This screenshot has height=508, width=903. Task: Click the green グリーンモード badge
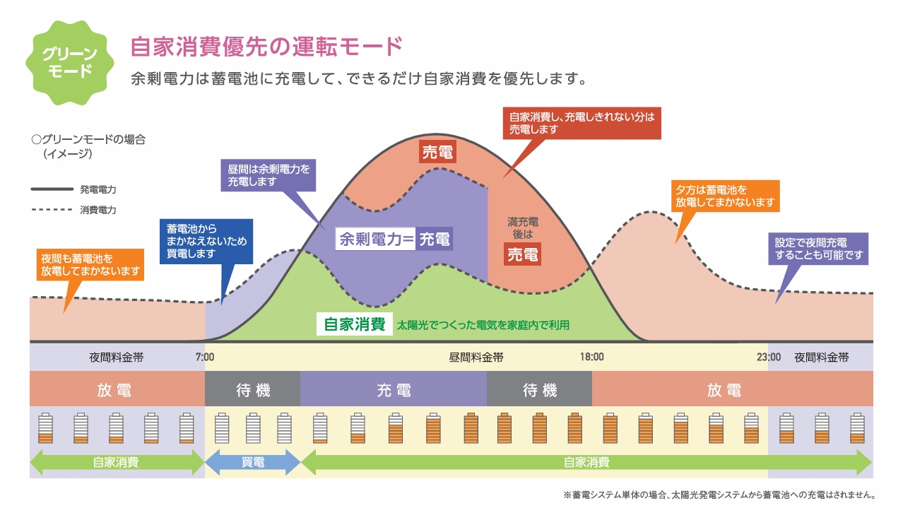tap(70, 62)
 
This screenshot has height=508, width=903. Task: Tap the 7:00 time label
tap(205, 357)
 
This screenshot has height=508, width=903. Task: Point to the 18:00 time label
tap(592, 357)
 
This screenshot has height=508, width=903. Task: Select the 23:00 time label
tap(768, 357)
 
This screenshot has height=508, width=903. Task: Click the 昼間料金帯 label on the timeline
tap(476, 358)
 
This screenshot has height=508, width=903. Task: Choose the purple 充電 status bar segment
tap(394, 389)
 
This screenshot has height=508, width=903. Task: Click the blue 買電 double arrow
tap(253, 462)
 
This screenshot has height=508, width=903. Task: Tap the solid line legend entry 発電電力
tap(73, 189)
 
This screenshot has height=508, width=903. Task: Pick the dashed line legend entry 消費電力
tap(73, 210)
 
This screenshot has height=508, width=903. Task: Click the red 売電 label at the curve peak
tap(437, 152)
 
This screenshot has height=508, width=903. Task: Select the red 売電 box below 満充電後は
tap(522, 254)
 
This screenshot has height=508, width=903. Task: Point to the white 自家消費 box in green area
tap(355, 324)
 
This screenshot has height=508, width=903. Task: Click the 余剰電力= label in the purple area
tap(376, 239)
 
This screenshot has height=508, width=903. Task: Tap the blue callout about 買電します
tap(206, 242)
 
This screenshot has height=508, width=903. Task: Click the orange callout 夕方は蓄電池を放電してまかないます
tap(725, 196)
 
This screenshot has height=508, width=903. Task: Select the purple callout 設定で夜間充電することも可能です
tap(818, 249)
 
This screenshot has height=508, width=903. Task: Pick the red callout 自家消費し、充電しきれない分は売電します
tap(582, 123)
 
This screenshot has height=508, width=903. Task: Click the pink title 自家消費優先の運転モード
tap(266, 47)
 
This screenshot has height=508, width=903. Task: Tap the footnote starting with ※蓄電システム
tap(719, 495)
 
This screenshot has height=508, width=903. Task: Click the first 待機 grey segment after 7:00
tap(252, 389)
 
